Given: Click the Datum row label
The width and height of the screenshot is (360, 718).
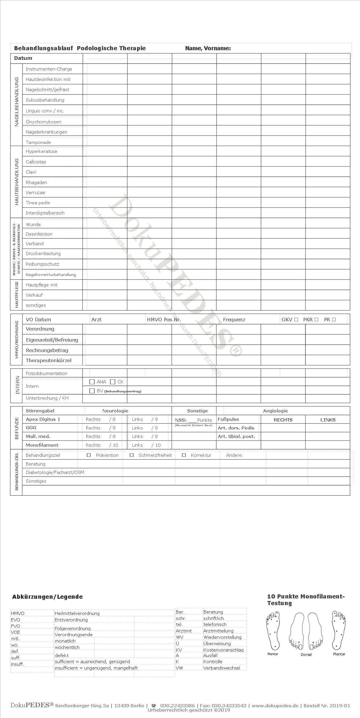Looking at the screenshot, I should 23,58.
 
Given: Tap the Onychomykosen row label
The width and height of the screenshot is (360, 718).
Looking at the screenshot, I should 43,122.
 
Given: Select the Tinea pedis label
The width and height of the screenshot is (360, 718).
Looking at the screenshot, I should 38,203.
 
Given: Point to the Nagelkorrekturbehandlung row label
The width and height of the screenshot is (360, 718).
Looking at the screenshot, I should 51,275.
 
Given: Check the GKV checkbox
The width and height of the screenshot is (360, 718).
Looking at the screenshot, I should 296,320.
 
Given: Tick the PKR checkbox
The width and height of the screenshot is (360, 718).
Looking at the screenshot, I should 316,320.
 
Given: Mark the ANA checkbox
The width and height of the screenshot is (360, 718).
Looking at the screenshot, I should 92,382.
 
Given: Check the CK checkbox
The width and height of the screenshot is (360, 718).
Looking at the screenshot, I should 113,382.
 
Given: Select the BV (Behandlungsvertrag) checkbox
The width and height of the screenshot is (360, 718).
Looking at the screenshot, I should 92,391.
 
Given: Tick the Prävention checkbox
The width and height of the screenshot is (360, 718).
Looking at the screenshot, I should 89,455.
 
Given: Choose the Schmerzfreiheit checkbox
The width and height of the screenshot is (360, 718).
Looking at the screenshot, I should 132,455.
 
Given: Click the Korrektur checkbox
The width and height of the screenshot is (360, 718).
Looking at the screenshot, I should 184,455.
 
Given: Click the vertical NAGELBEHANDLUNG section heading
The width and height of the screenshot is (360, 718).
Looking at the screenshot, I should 17,102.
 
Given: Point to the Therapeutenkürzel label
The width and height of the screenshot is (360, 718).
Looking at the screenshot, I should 48,360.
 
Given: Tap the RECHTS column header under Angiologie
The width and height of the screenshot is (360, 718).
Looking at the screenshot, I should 283,420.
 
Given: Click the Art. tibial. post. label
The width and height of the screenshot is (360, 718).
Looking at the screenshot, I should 236,436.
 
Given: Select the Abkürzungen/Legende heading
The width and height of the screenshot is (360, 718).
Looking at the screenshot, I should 47,597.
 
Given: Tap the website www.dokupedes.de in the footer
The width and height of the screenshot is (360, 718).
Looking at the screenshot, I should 275,706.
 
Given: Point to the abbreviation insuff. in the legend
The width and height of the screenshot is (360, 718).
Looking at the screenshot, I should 17,664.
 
